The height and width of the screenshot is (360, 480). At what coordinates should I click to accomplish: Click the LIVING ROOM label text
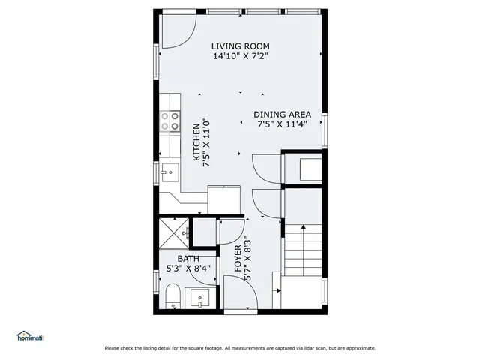tap(240, 45)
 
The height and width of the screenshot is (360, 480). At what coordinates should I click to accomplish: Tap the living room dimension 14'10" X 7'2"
tap(240, 56)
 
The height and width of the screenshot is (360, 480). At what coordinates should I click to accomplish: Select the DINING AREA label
tap(283, 115)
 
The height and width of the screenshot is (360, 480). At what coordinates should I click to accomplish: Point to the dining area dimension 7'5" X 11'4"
tap(283, 125)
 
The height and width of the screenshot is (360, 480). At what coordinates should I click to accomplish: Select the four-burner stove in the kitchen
tap(170, 121)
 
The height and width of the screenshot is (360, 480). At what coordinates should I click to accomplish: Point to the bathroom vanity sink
tap(199, 298)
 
